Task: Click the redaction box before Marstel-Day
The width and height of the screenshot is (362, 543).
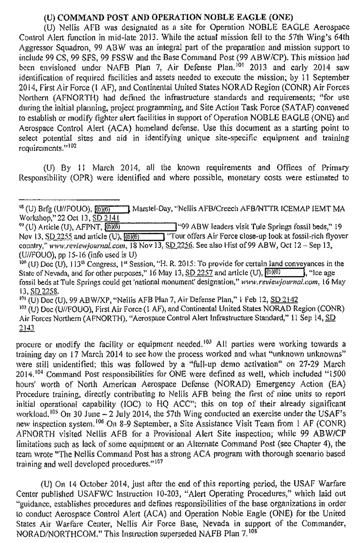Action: tap(112, 209)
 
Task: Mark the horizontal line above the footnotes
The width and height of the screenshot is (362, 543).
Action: tap(69, 200)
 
